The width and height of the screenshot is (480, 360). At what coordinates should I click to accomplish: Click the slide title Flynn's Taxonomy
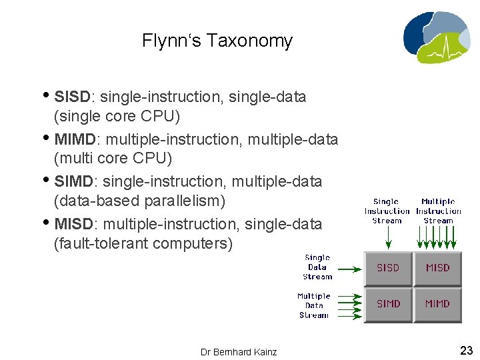[x=217, y=41]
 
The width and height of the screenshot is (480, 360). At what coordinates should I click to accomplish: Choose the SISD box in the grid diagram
[x=388, y=268]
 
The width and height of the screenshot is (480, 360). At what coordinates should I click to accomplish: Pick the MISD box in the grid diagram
[x=437, y=268]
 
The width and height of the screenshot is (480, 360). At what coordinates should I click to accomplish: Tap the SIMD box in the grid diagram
[x=388, y=304]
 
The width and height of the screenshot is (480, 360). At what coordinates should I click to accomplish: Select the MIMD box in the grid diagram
[x=437, y=304]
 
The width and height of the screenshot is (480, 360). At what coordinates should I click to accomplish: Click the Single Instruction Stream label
[x=387, y=211]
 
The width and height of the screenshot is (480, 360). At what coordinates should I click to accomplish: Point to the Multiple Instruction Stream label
[x=438, y=211]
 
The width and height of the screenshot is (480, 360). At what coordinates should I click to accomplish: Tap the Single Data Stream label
[x=317, y=267]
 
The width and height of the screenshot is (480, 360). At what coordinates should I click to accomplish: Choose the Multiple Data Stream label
[x=314, y=305]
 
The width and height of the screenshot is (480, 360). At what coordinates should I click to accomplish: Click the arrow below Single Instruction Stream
[x=387, y=237]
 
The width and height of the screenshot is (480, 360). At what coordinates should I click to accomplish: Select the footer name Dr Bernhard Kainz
[x=239, y=351]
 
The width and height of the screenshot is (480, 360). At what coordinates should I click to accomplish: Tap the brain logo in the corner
[x=435, y=37]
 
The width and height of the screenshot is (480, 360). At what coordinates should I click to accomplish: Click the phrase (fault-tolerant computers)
[x=143, y=244]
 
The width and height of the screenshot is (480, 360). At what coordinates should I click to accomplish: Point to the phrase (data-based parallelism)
[x=139, y=201]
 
